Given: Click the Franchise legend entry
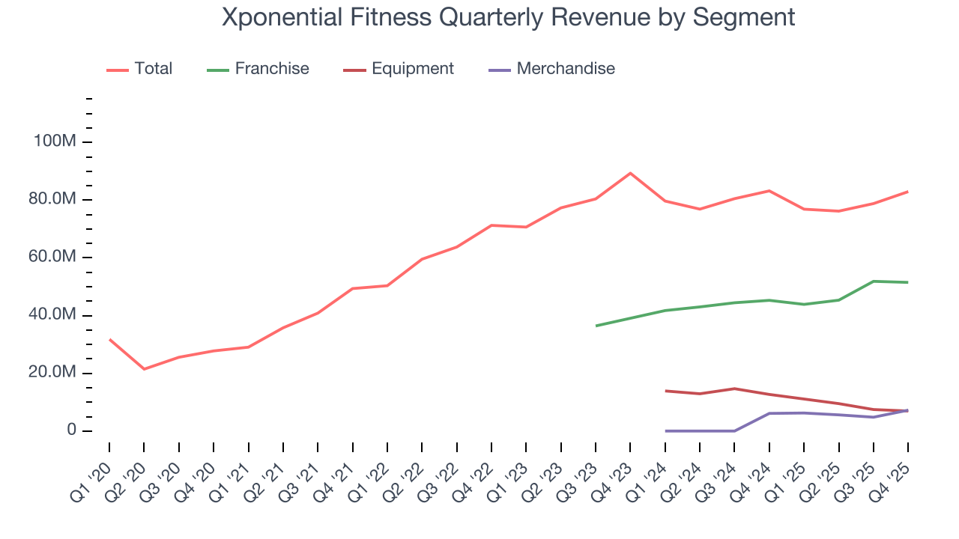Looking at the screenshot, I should (258, 69).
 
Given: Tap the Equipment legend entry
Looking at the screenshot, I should (399, 69).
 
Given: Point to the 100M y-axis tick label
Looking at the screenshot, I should (54, 142).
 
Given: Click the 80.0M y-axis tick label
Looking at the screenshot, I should (52, 200).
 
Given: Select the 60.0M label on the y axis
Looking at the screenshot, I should (52, 258).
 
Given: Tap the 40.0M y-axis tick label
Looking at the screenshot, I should (52, 315).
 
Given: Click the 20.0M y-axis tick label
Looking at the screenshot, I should (52, 373).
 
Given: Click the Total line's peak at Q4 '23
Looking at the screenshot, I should (630, 173).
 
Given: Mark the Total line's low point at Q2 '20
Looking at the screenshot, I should (144, 369).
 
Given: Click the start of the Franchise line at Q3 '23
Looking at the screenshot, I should (596, 326).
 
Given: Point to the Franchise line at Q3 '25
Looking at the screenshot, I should (874, 281).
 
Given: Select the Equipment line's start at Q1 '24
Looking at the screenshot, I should (665, 391).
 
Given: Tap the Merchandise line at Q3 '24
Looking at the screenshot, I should (734, 430).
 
